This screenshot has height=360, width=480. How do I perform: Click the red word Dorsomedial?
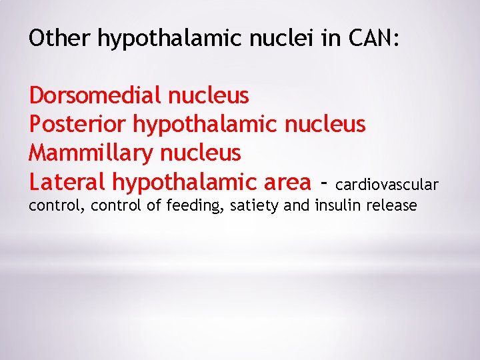[95, 96]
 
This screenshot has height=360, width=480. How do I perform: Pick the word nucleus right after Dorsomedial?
[209, 96]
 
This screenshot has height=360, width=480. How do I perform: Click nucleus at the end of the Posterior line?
[325, 125]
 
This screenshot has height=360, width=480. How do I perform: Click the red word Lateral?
[67, 181]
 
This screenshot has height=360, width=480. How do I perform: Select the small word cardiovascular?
[387, 184]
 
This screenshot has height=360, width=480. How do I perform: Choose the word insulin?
[337, 205]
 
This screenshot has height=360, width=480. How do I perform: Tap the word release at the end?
[392, 205]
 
